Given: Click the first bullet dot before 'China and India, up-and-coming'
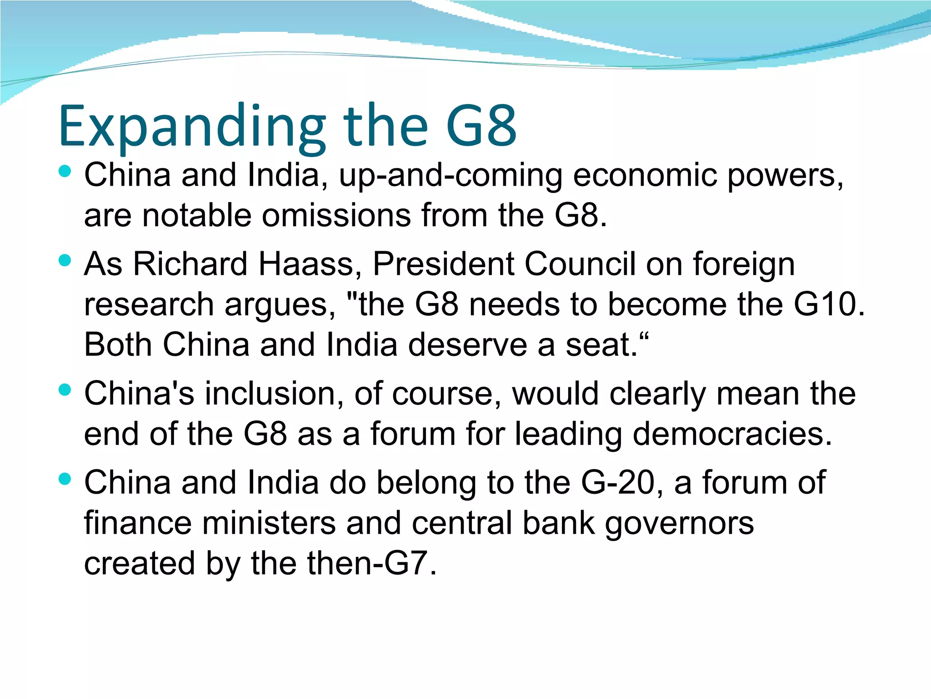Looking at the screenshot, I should [x=65, y=171].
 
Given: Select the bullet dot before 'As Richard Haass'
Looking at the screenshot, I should [x=65, y=260].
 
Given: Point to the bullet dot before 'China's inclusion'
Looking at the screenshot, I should [x=65, y=390].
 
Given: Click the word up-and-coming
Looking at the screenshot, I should [x=450, y=176].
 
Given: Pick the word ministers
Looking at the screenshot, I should [x=269, y=523].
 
